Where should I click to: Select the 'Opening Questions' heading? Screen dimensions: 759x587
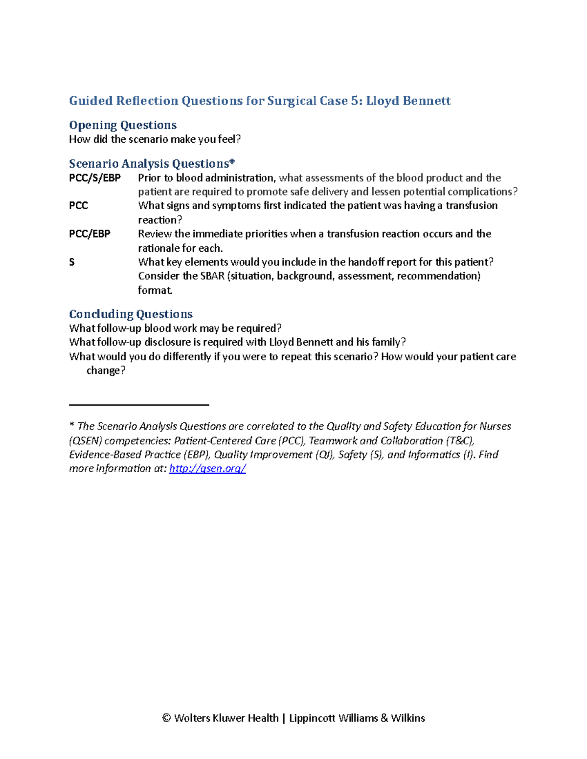(x=123, y=125)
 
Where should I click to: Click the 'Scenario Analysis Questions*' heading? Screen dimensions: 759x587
(x=152, y=164)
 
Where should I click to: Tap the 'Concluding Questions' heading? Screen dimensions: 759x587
(x=131, y=314)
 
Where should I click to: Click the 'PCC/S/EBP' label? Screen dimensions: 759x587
(x=95, y=178)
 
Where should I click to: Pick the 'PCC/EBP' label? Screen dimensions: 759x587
(x=90, y=234)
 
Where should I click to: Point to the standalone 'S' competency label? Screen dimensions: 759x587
(x=72, y=262)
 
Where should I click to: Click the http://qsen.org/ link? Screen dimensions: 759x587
(x=207, y=469)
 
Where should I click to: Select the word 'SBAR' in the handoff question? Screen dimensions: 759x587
(x=212, y=276)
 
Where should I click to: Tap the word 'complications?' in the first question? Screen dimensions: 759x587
(x=482, y=192)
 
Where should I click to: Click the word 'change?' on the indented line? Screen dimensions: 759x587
(x=106, y=371)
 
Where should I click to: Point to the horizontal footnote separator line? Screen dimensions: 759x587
(x=139, y=405)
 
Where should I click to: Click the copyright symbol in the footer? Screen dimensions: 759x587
(x=166, y=718)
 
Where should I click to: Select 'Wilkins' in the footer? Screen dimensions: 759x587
(x=408, y=718)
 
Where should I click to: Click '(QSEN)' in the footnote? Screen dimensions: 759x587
(x=86, y=441)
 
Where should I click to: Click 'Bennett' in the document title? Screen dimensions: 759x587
(x=428, y=101)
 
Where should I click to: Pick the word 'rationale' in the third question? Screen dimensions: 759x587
(x=158, y=248)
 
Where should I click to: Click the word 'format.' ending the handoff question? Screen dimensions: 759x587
(x=155, y=290)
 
